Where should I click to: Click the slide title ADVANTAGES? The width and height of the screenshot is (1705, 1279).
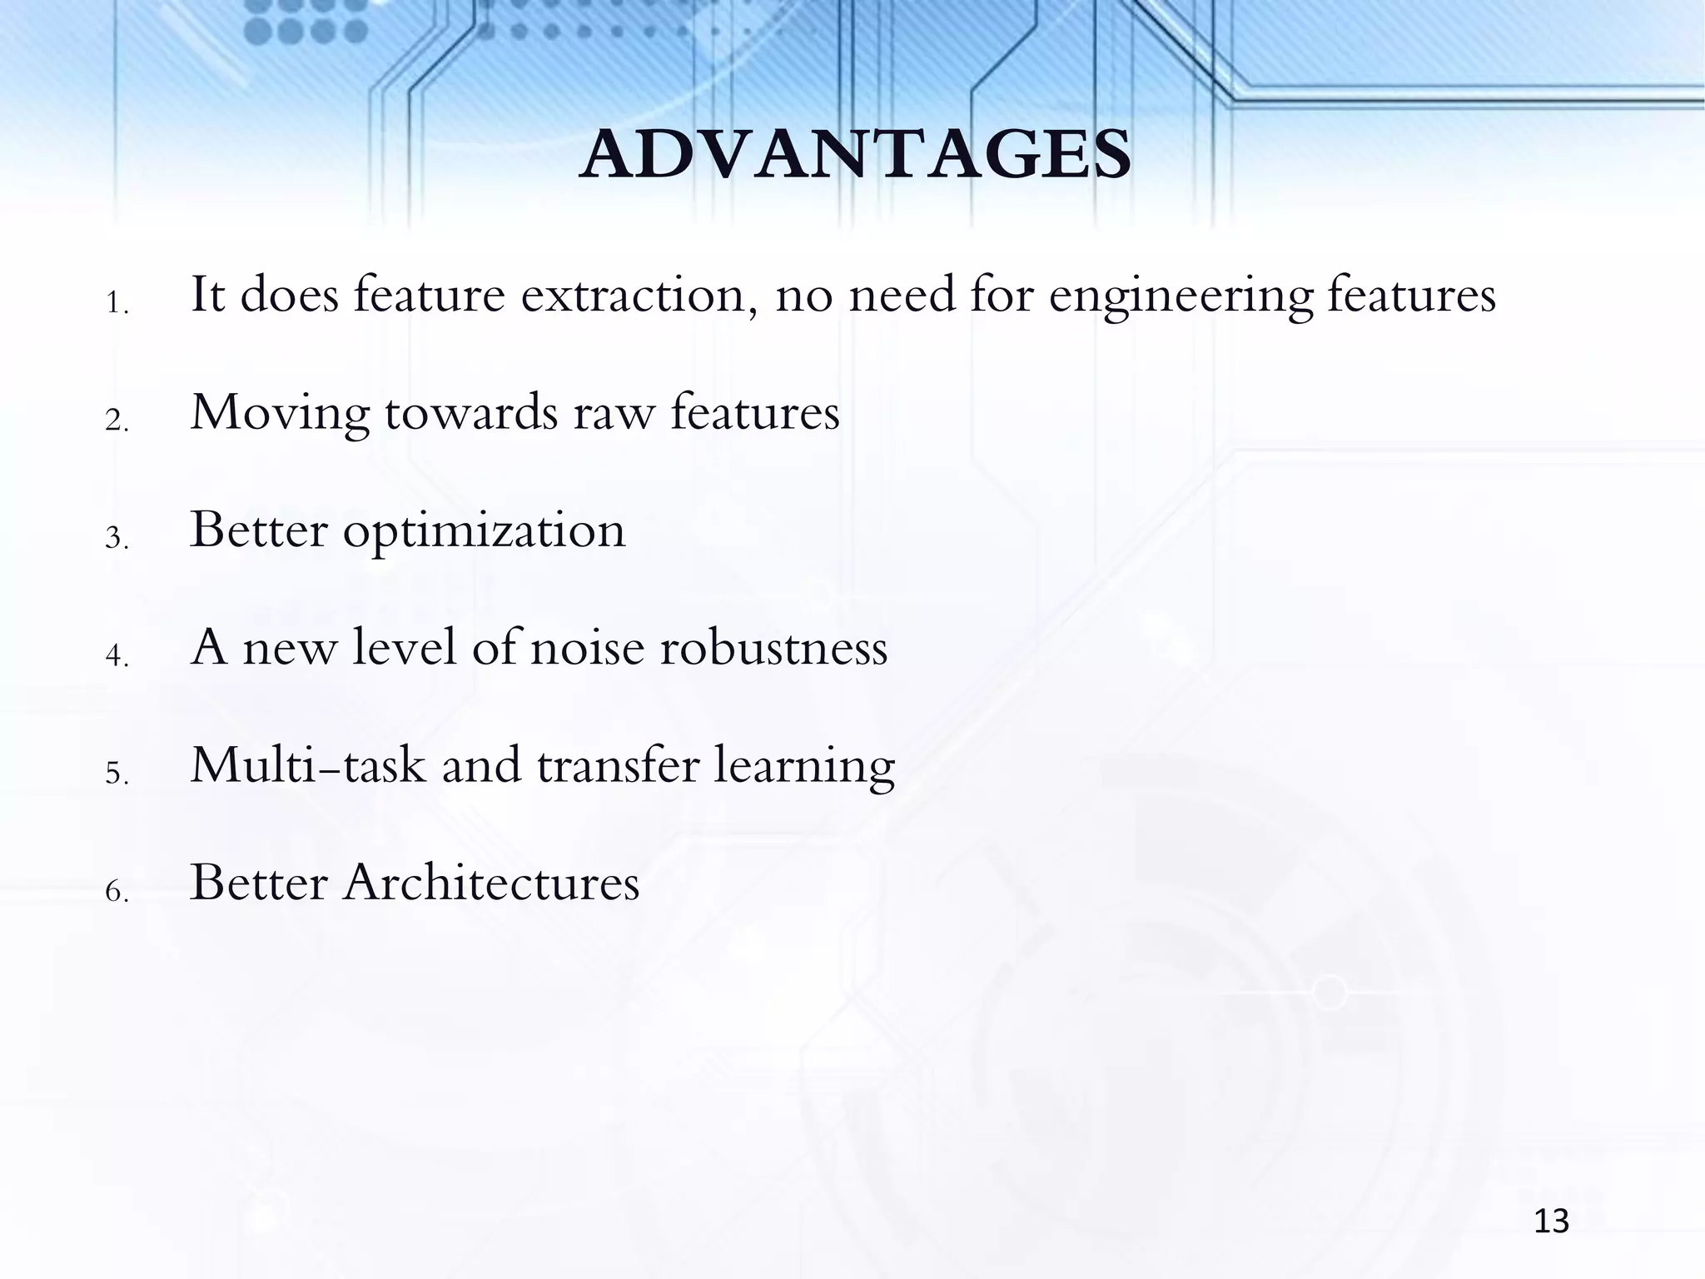(855, 156)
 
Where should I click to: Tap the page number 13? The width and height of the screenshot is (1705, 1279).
(1551, 1222)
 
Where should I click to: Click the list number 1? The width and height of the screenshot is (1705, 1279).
(116, 305)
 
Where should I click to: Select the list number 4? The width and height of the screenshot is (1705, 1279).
(116, 657)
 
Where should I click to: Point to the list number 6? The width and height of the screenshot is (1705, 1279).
(116, 892)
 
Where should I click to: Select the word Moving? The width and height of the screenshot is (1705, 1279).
(280, 414)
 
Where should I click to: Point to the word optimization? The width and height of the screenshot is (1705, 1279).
(484, 532)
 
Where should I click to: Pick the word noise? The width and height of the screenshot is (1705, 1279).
(587, 648)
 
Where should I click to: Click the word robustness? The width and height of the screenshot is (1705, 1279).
(773, 648)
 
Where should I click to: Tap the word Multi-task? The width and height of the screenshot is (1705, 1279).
(308, 765)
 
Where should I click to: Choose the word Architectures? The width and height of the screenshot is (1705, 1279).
(491, 883)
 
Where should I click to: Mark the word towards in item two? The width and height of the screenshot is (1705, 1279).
(470, 414)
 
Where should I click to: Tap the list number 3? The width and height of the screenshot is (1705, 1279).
(116, 540)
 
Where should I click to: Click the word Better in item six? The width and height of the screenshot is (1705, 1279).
(259, 883)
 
